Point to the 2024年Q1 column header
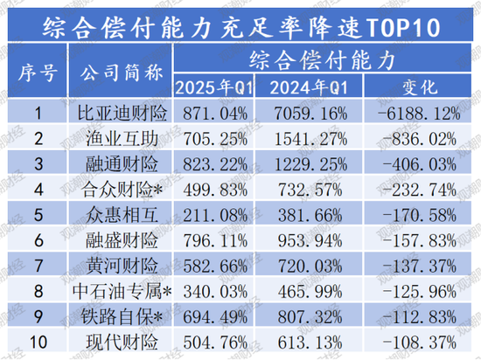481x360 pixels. pyautogui.click(x=314, y=87)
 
